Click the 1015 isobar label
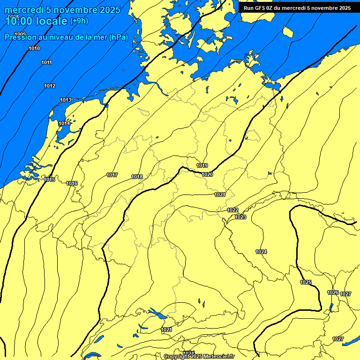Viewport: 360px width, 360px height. [x=49, y=180]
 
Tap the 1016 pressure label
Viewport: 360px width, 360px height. [x=72, y=183]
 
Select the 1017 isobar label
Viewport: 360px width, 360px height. [x=112, y=175]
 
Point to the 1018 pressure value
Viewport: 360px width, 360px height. [x=137, y=177]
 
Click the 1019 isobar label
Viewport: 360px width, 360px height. [x=202, y=165]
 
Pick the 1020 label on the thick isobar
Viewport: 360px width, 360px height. [x=207, y=174]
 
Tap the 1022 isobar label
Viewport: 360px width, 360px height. [x=232, y=210]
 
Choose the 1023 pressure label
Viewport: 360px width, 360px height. [x=240, y=217]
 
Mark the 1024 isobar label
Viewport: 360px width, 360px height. [x=261, y=252]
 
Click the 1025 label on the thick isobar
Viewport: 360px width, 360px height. [x=306, y=282]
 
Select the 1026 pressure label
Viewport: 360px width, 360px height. [x=333, y=292]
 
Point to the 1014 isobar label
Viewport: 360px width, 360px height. [x=64, y=123]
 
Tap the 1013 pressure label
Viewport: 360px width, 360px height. [x=66, y=100]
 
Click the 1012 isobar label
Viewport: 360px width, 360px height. [x=50, y=86]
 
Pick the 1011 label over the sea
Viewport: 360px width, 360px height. [x=46, y=62]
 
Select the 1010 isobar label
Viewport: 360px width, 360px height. [x=34, y=48]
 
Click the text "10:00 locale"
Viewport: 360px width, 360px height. [x=37, y=21]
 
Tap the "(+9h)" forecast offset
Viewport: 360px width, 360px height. [x=79, y=21]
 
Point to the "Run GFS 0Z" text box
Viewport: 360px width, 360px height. [x=297, y=7]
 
